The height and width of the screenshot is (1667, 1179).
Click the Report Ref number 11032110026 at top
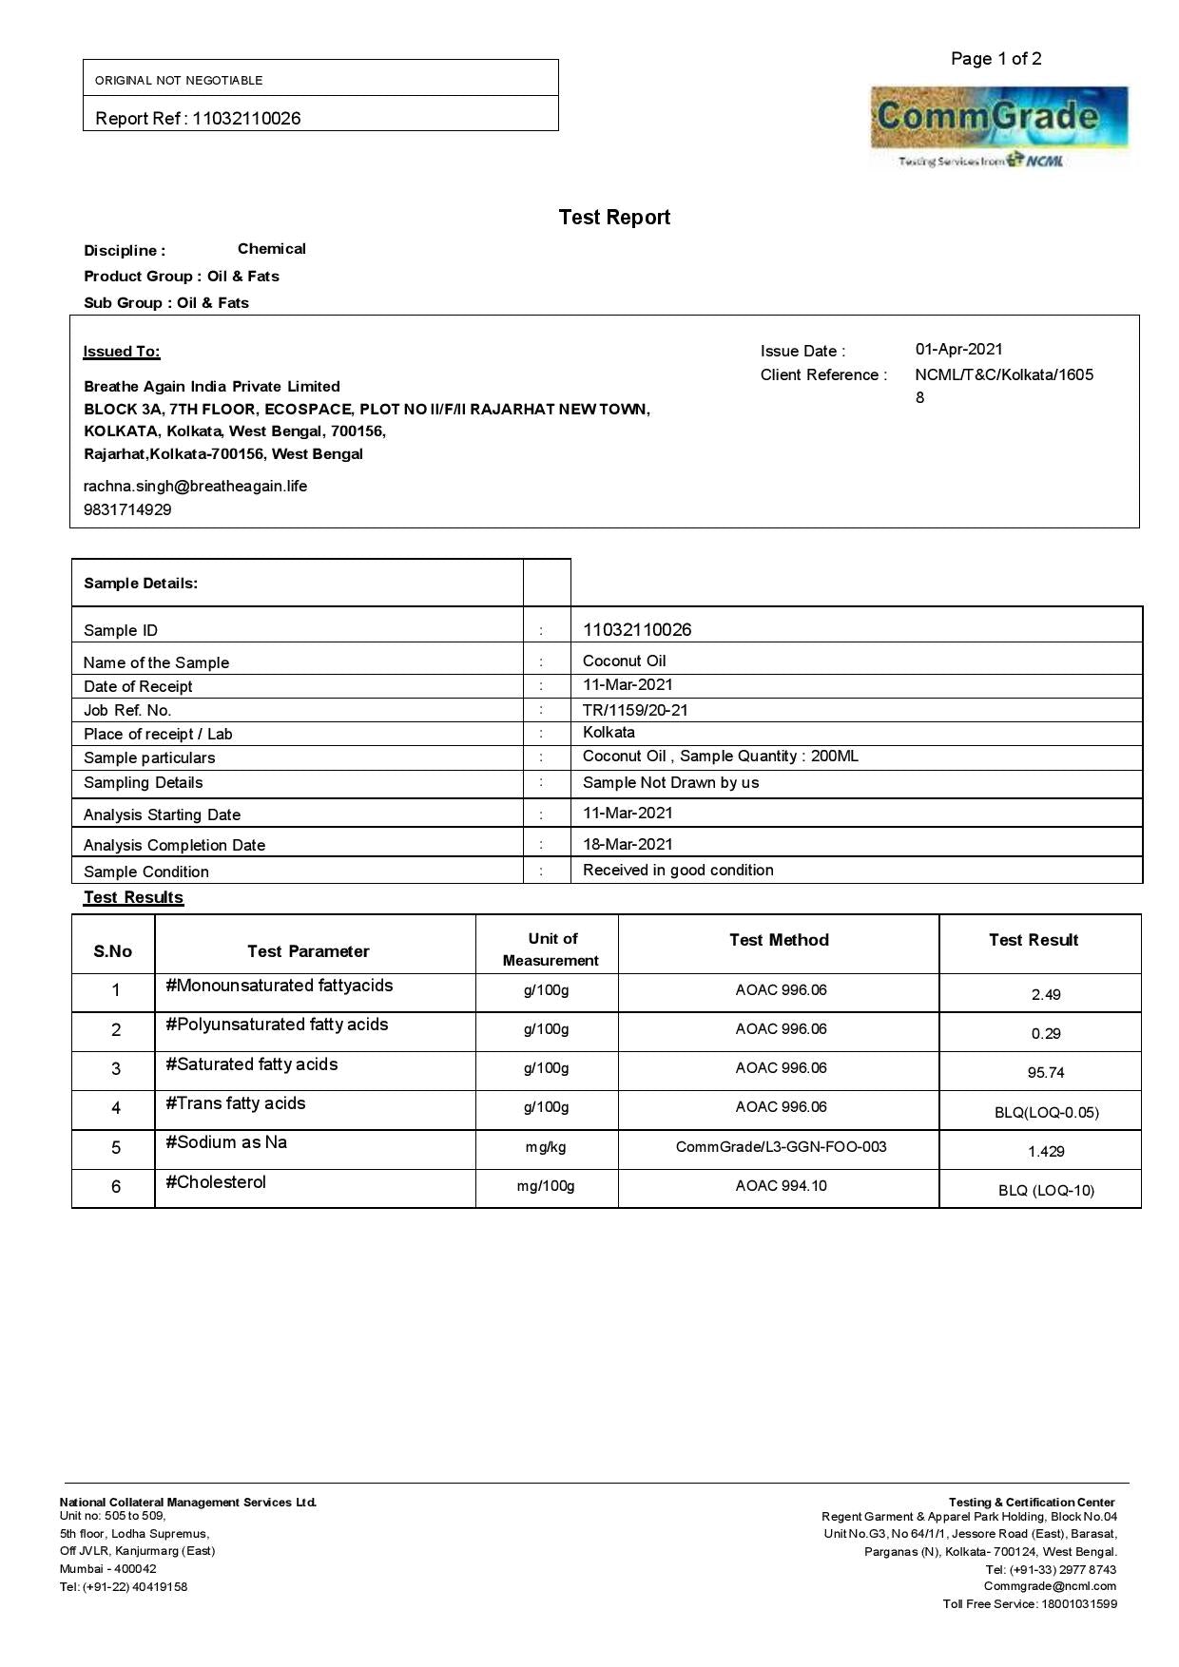[x=246, y=119]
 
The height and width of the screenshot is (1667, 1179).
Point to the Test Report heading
[x=614, y=218]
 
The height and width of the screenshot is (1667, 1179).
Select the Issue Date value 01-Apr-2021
[x=958, y=350]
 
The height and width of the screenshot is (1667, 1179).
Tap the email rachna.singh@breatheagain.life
[x=195, y=487]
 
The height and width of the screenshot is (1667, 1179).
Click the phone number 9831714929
[x=127, y=510]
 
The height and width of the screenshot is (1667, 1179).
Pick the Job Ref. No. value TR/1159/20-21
[x=635, y=710]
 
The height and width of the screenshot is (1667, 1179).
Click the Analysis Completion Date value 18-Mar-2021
[x=628, y=844]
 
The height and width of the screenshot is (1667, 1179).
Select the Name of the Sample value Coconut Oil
[x=624, y=661]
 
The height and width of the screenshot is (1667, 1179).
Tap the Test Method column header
[x=779, y=941]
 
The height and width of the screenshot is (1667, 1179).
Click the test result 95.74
[x=1045, y=1073]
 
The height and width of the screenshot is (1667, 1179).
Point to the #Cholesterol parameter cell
[x=216, y=1182]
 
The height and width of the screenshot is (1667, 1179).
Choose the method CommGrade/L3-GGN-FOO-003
[x=781, y=1147]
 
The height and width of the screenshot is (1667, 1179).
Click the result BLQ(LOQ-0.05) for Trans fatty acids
[x=1046, y=1113]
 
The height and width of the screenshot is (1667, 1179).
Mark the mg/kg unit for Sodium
[x=546, y=1147]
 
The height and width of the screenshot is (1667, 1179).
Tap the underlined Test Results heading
[x=133, y=898]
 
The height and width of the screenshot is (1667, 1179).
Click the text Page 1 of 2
[x=995, y=59]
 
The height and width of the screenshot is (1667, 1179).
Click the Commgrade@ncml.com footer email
[x=1050, y=1586]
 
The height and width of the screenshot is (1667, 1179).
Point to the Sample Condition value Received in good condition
[x=678, y=871]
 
